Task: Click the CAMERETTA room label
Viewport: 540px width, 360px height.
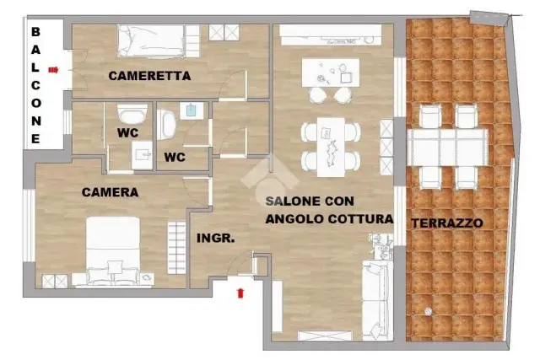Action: click(x=149, y=76)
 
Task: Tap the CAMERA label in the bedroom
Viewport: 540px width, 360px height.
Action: click(x=111, y=192)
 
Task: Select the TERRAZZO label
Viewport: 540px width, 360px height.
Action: click(x=447, y=223)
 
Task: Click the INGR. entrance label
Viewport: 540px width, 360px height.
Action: click(x=216, y=238)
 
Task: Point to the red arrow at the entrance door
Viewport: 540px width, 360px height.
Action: click(x=240, y=293)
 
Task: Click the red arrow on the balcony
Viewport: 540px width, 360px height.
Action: click(x=53, y=70)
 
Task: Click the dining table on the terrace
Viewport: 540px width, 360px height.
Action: click(x=447, y=148)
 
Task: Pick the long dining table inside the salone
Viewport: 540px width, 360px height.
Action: click(x=331, y=147)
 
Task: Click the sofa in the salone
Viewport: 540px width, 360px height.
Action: click(x=377, y=300)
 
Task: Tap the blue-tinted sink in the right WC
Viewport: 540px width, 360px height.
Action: click(x=192, y=110)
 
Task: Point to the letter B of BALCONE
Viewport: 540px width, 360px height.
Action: click(x=35, y=32)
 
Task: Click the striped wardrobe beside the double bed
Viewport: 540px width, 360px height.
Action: click(x=176, y=248)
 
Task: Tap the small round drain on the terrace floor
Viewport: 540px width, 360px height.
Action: click(x=428, y=311)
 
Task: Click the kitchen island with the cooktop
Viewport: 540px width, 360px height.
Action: click(x=331, y=73)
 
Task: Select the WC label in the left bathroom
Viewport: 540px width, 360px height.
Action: click(x=127, y=133)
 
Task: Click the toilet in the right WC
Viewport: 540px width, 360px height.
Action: click(x=166, y=125)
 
